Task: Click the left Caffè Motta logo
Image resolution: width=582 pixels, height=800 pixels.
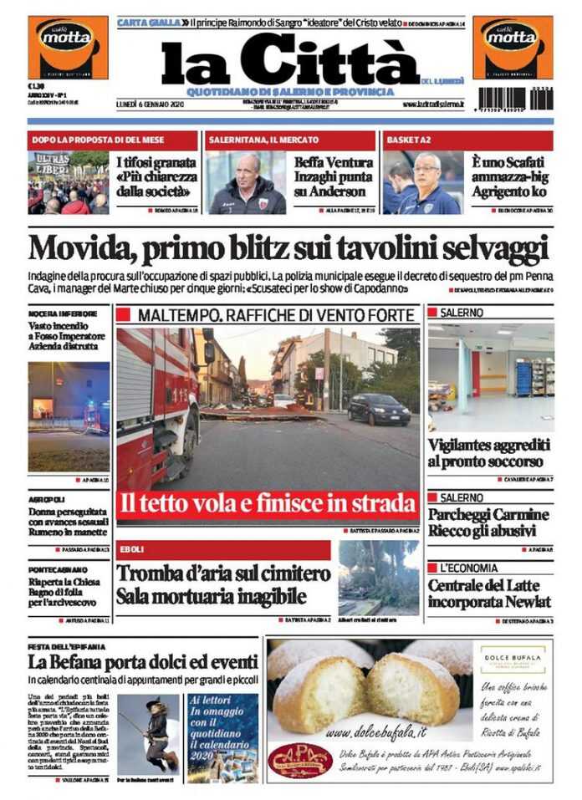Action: click(68, 47)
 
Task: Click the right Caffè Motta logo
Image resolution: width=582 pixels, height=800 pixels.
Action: click(512, 47)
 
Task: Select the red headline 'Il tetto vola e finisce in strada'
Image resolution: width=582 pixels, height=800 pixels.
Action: click(268, 503)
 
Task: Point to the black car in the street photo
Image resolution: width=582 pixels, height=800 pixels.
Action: click(378, 409)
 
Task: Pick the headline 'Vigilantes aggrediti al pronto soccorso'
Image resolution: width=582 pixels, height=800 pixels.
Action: click(489, 453)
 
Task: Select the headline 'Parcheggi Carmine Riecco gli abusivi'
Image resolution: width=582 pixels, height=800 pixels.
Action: click(489, 522)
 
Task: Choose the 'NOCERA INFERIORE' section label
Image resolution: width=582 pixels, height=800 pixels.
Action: click(62, 313)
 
